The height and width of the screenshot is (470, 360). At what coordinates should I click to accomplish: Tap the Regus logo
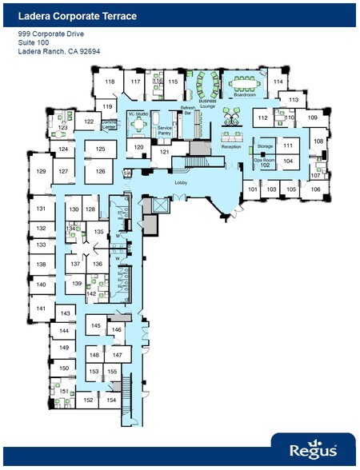coord(313,451)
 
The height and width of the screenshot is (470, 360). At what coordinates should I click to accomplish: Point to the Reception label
coord(231,146)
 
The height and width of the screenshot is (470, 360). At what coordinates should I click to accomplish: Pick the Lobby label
coord(181,183)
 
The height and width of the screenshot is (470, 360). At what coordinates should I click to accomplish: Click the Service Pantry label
coord(165,130)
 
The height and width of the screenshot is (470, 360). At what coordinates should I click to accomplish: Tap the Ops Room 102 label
coord(265,162)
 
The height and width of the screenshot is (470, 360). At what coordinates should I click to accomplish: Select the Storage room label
coord(265,146)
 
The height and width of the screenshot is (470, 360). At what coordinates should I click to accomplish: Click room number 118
coord(110,82)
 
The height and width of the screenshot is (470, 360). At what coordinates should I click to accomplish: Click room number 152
coord(90,400)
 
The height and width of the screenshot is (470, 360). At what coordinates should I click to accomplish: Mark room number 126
coord(101,171)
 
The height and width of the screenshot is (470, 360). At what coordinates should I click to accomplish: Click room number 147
coord(117,354)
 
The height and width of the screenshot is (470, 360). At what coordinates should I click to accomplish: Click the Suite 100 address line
coord(34,43)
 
